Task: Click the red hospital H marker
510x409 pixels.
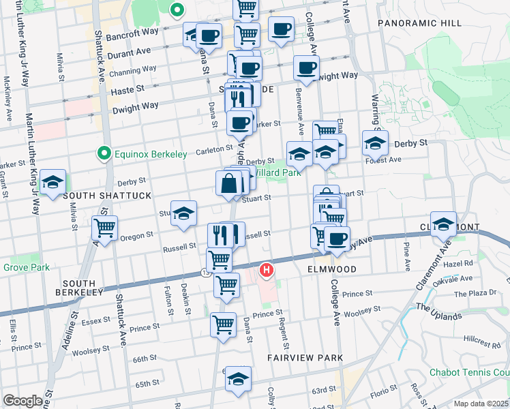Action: pos(267,271)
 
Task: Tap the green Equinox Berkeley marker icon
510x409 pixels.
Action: pos(104,154)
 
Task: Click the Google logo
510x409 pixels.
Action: pos(22,401)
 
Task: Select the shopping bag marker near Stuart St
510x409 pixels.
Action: pos(228,184)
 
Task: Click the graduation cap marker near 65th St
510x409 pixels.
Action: pos(238,379)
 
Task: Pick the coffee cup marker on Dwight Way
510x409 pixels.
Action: pos(306,68)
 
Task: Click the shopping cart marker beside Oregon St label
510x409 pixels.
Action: pos(104,228)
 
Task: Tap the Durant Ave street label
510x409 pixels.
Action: pos(129,51)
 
